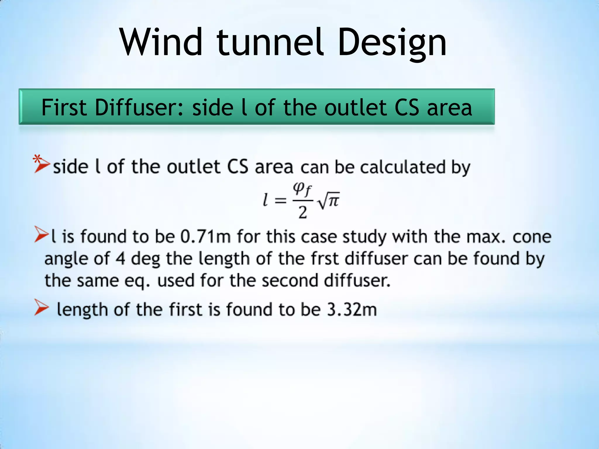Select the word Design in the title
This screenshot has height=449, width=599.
pyautogui.click(x=392, y=44)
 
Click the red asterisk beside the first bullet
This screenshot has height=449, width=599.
pyautogui.click(x=37, y=159)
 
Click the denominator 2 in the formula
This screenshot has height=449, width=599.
pyautogui.click(x=303, y=212)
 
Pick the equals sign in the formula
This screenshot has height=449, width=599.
pyautogui.click(x=280, y=201)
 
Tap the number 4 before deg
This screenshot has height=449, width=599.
pyautogui.click(x=120, y=258)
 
